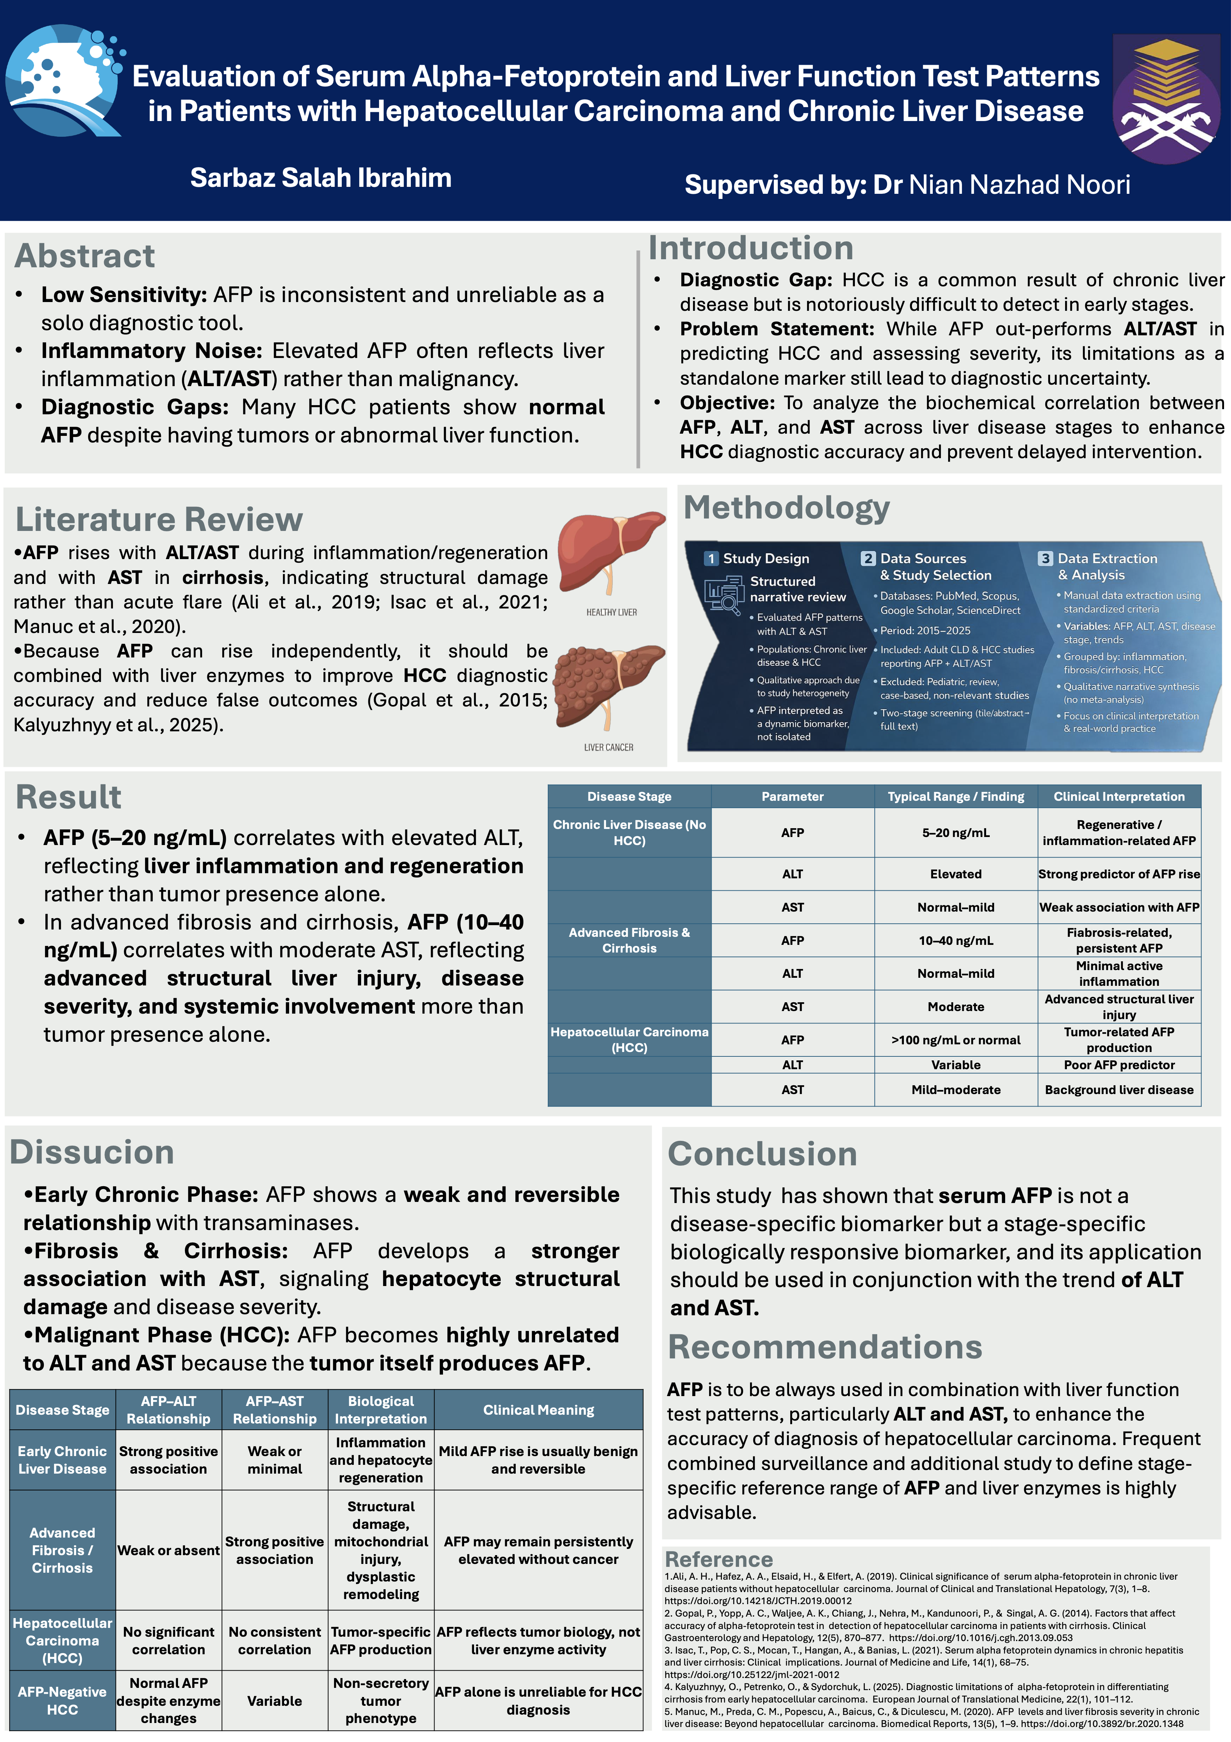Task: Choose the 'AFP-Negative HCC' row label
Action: (62, 1700)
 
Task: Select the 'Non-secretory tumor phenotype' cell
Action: (381, 1700)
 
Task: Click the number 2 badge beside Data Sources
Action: (868, 558)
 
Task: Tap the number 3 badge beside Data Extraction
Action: (1045, 558)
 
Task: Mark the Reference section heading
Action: (718, 1559)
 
